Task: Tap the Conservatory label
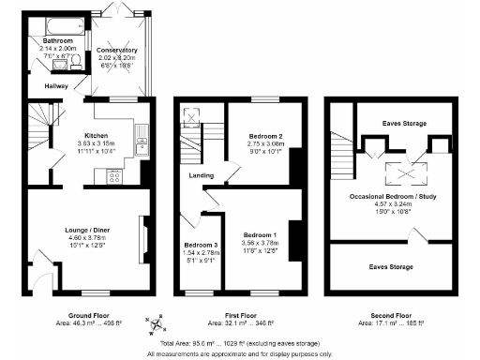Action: tap(118, 50)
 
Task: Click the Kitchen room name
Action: tap(98, 134)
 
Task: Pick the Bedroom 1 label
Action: tap(260, 233)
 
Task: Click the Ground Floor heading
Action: tap(90, 314)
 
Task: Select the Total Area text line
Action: tap(239, 344)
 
